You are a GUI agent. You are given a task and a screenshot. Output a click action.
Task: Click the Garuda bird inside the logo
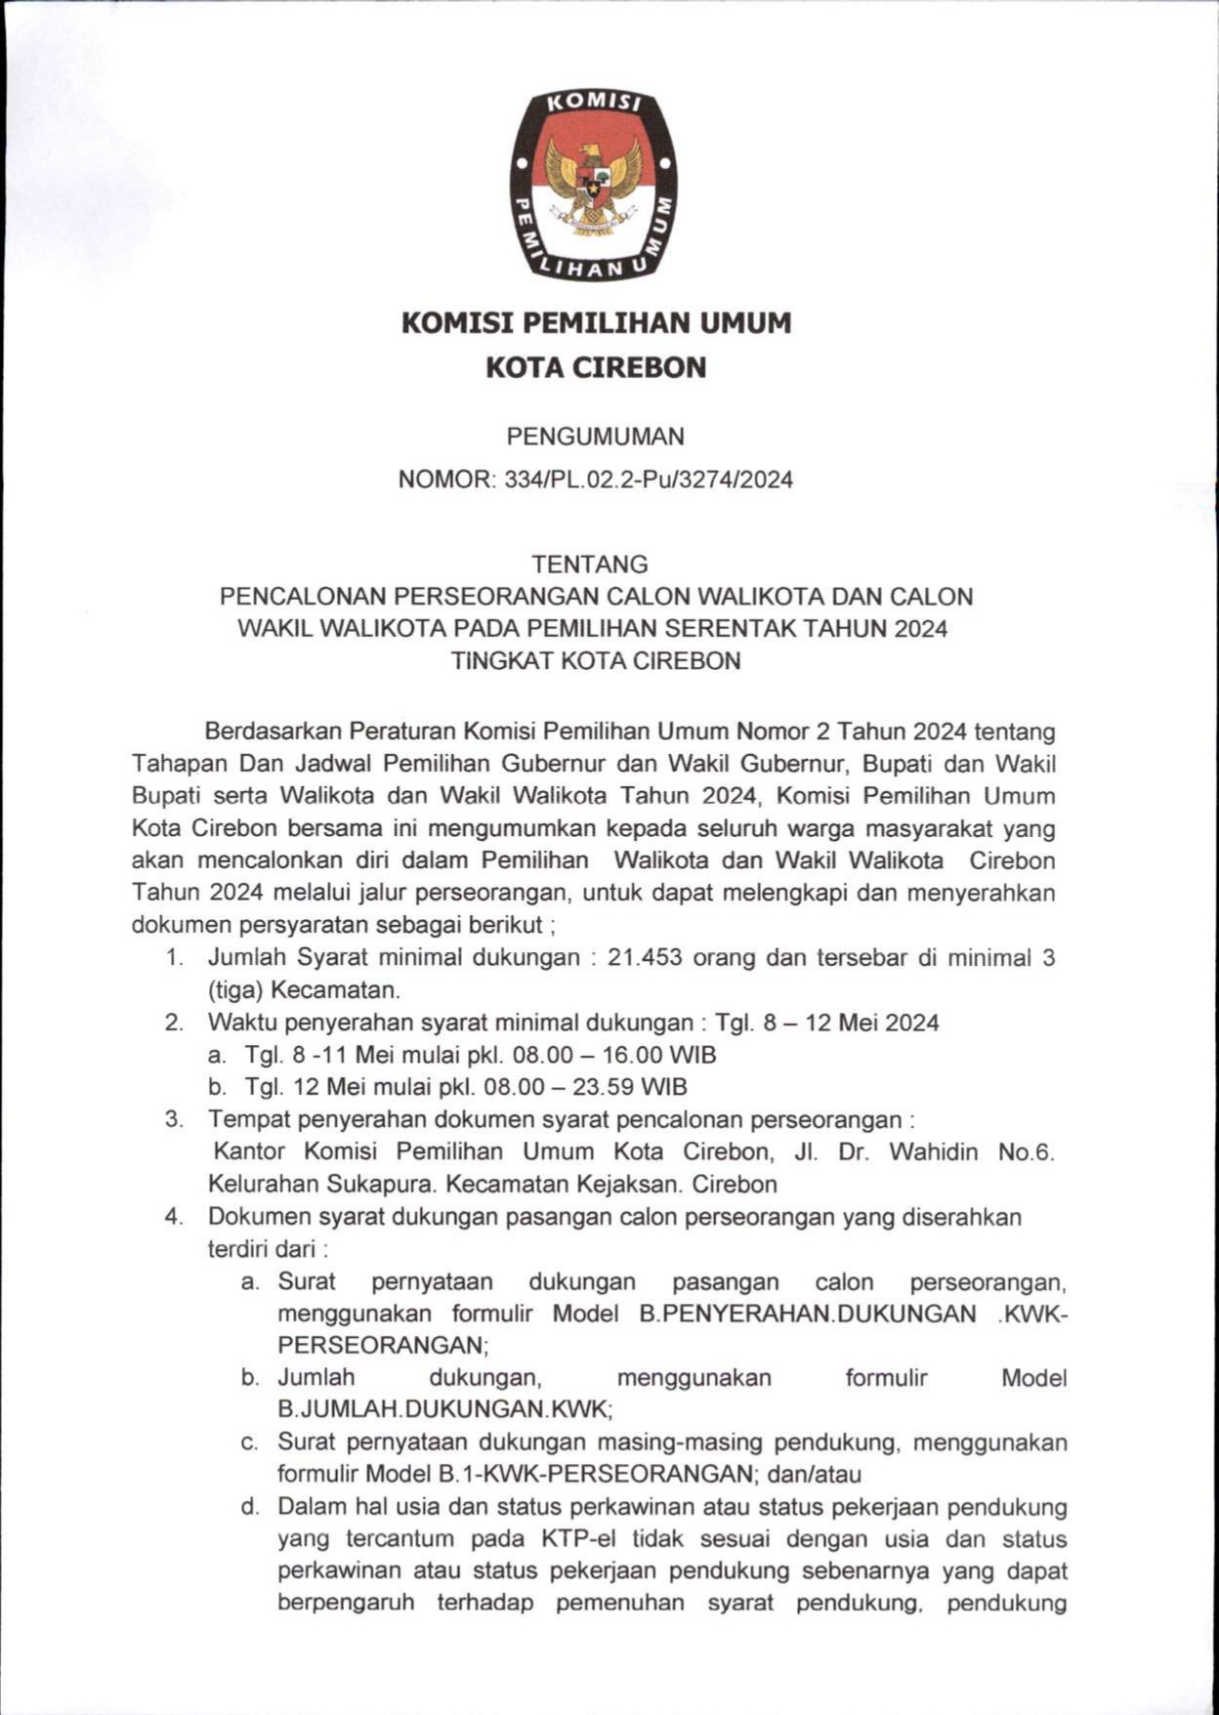click(592, 184)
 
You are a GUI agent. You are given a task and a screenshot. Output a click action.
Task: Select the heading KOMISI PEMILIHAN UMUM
click(596, 323)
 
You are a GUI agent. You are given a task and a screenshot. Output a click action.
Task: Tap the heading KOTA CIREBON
click(596, 368)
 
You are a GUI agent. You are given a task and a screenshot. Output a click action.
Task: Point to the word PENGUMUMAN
click(595, 436)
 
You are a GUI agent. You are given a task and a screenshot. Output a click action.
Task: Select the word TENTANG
click(590, 565)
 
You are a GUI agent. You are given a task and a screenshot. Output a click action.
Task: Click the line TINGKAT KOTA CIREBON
click(596, 661)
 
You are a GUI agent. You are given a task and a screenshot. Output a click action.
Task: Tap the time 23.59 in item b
click(604, 1087)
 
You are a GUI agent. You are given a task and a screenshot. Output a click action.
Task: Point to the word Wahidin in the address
click(933, 1151)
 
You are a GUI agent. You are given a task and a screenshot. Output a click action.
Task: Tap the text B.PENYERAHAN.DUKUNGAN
click(807, 1314)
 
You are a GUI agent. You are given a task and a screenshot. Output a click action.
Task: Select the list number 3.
click(174, 1119)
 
